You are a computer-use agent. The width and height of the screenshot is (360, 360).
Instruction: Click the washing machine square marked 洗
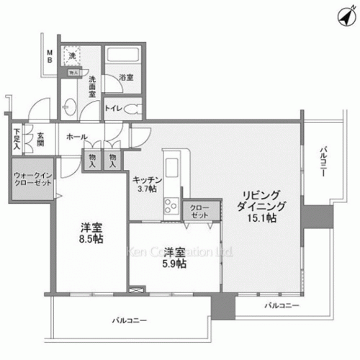(71, 55)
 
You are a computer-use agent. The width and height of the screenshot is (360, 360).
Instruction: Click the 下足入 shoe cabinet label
(16, 137)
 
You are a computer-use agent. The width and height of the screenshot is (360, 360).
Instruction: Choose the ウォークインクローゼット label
(32, 179)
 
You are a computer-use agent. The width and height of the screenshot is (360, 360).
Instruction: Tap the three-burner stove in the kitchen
(173, 206)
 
